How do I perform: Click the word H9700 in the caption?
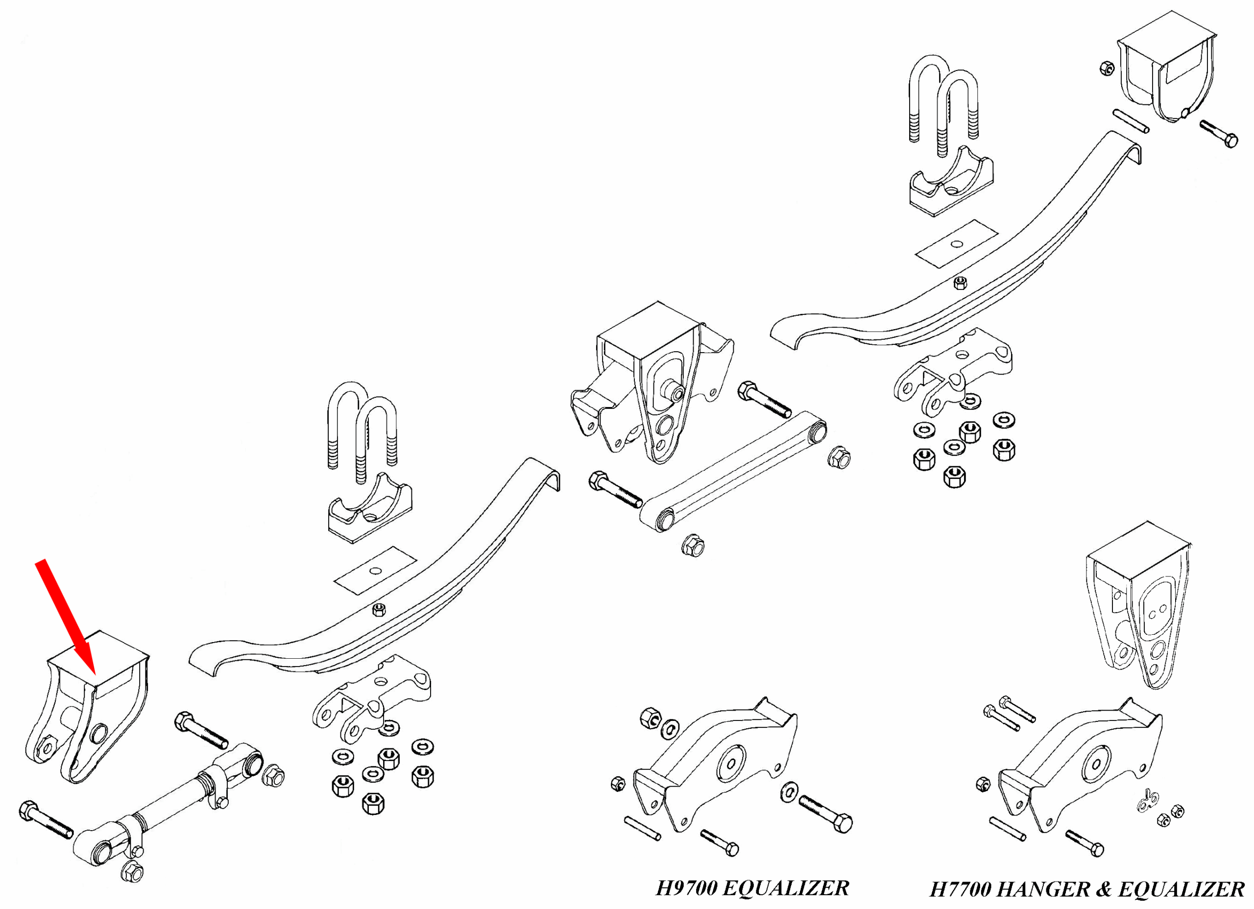coord(687,888)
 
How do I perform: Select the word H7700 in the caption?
coord(962,889)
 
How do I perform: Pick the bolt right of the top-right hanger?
coord(1219,134)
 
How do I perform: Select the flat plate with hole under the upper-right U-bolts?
coord(957,244)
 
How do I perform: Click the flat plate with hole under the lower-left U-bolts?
coord(375,571)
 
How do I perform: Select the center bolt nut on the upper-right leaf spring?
coord(961,283)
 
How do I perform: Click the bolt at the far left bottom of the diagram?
coord(46,819)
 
